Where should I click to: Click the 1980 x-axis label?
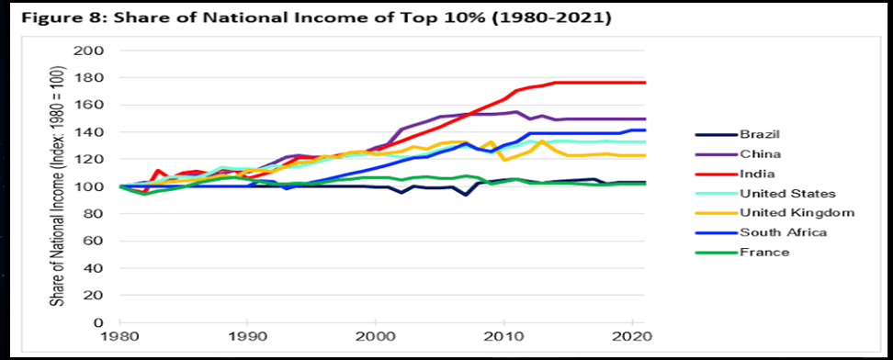120,337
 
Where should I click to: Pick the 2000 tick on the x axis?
376,337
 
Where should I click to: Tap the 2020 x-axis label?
631,337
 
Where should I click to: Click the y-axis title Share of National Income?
58,186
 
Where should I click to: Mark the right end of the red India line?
645,83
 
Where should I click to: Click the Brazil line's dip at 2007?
467,195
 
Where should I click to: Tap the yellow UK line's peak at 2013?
543,141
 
